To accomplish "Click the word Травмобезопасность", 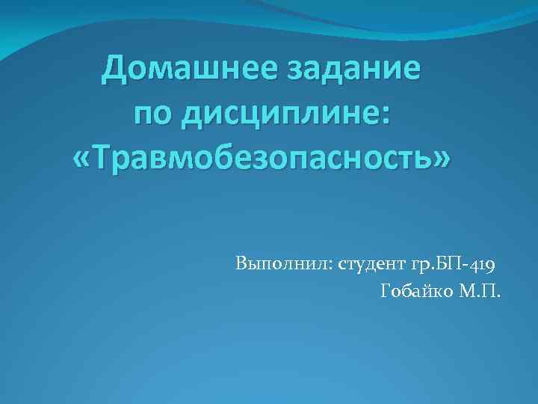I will tap(262, 159).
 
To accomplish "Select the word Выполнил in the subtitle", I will tap(279, 264).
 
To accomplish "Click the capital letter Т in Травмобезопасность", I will tap(104, 158).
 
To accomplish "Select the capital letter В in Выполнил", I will tap(240, 264).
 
